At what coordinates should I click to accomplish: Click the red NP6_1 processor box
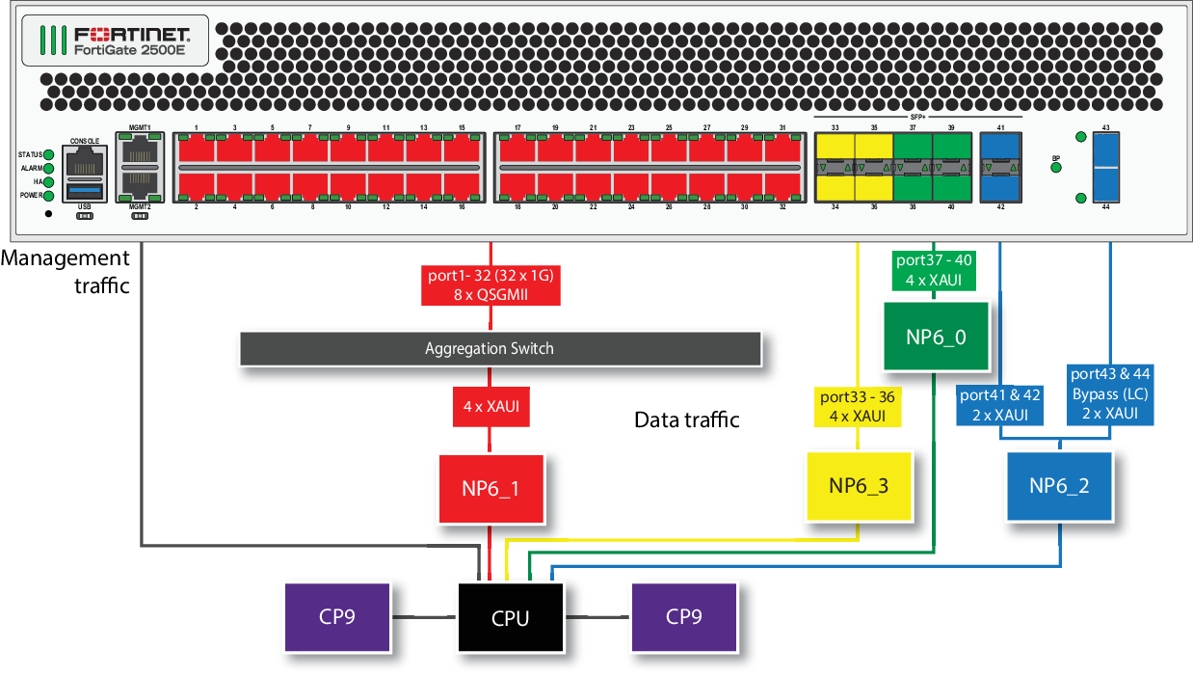pos(491,488)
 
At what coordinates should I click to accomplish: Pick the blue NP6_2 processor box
pos(1059,486)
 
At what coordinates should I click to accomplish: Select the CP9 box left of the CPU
pos(337,616)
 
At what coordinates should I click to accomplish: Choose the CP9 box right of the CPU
pos(684,616)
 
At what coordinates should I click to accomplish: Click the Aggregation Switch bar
pos(499,348)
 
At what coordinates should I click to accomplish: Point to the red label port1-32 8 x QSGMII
pos(490,284)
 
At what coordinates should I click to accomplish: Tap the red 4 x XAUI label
pos(490,406)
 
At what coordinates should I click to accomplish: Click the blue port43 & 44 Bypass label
pos(1110,393)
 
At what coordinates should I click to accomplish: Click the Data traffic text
pos(686,419)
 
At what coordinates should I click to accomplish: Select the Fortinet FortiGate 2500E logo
pos(114,39)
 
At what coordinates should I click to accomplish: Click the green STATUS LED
pos(48,154)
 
